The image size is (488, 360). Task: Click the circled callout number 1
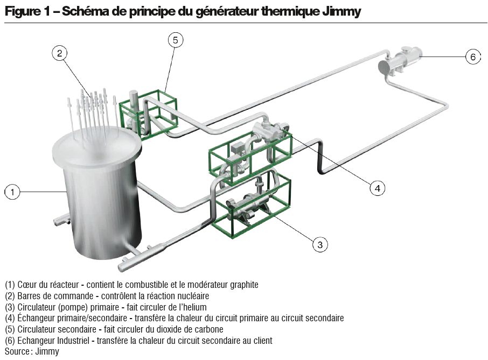tap(12, 192)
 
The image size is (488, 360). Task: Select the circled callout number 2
tap(60, 53)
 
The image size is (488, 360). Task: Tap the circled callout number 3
tap(320, 244)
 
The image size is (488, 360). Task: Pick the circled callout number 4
tap(378, 188)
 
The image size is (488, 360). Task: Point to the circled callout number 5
tap(176, 40)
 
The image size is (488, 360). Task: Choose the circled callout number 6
tap(472, 57)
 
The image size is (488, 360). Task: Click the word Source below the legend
tap(17, 351)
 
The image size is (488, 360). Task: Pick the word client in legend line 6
tap(262, 340)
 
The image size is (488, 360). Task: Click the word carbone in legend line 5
tap(207, 329)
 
